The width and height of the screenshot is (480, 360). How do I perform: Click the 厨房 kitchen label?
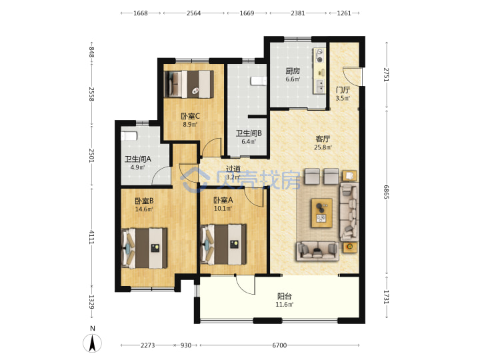293,71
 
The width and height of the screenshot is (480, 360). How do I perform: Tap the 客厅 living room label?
323,139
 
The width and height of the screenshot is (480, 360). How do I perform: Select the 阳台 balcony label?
285,296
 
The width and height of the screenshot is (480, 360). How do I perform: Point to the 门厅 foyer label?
343,90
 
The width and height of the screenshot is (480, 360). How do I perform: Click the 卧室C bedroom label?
190,116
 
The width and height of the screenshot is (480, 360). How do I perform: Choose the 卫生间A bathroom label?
137,159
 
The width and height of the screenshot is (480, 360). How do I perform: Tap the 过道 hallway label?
233,169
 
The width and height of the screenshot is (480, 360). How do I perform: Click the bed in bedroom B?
144,248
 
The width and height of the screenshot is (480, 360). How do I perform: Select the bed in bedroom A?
223,244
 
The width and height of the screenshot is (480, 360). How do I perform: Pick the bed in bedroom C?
189,84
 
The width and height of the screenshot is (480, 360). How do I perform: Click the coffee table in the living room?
322,213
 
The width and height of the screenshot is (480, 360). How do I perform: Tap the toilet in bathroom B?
259,81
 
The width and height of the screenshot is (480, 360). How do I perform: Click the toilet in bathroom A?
129,136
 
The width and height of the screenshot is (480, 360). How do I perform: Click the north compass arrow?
93,343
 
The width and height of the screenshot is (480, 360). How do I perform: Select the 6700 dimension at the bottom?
279,345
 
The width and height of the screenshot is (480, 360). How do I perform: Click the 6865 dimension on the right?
386,192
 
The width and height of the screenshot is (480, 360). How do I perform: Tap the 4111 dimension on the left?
91,237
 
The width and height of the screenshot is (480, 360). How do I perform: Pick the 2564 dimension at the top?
193,13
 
